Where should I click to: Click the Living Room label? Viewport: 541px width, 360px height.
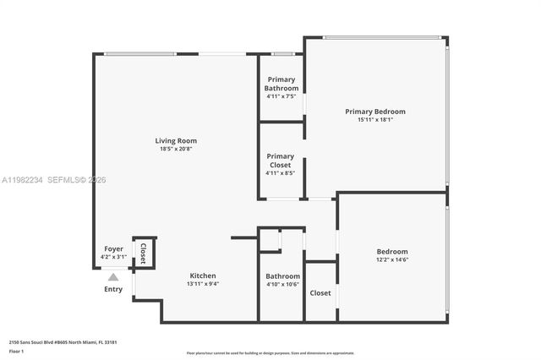(175, 140)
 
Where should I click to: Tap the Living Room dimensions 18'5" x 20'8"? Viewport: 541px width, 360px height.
(175, 149)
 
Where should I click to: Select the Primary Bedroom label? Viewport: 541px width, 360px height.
(374, 112)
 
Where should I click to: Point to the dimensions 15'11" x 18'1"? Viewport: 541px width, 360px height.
(374, 120)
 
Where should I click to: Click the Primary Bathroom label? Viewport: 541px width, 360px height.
(281, 84)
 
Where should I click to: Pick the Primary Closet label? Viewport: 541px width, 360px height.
(281, 161)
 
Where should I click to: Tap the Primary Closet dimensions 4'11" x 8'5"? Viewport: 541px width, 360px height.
(281, 173)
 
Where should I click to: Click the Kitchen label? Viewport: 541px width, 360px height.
(202, 275)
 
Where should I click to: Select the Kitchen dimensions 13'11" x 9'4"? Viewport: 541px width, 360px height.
(202, 284)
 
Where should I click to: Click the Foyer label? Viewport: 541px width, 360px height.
(112, 248)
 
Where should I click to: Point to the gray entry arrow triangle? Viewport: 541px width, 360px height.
(113, 275)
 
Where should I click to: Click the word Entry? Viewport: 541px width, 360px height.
(113, 289)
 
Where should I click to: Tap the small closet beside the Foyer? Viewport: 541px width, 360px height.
(143, 253)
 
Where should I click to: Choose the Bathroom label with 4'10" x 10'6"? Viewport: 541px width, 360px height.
(282, 276)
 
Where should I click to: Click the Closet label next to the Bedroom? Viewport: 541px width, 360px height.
(320, 293)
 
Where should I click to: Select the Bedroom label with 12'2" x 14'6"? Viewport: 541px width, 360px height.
(392, 252)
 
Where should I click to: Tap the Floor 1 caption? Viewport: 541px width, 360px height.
(16, 351)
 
